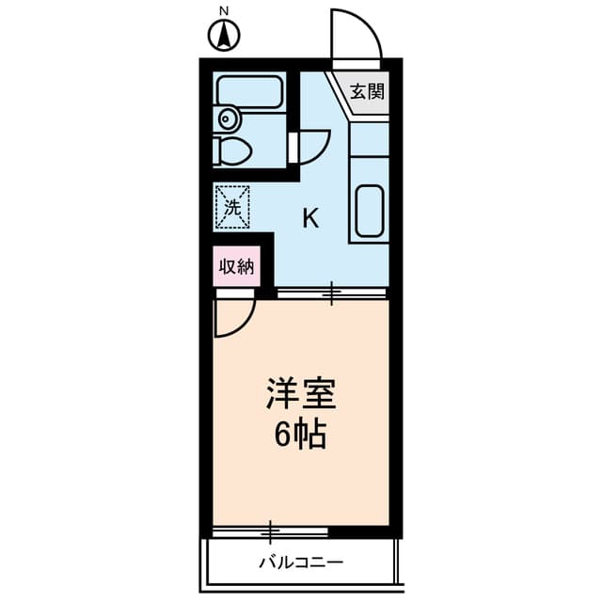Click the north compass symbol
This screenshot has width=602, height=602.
coord(224,37)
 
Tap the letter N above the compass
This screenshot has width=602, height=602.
coord(224,11)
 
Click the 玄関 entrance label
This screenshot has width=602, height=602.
coord(368,92)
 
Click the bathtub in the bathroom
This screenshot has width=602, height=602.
coord(248,91)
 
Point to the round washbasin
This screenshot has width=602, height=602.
coord(226,118)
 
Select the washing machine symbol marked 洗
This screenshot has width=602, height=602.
coord(231,206)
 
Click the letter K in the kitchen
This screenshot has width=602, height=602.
coord(309,219)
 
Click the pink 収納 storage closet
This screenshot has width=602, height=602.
coord(237,266)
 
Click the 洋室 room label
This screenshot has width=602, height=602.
coord(301,392)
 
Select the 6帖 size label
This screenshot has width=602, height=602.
coord(301,434)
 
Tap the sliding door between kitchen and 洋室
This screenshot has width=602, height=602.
coord(332,294)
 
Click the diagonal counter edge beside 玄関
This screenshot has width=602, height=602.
coord(339,94)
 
